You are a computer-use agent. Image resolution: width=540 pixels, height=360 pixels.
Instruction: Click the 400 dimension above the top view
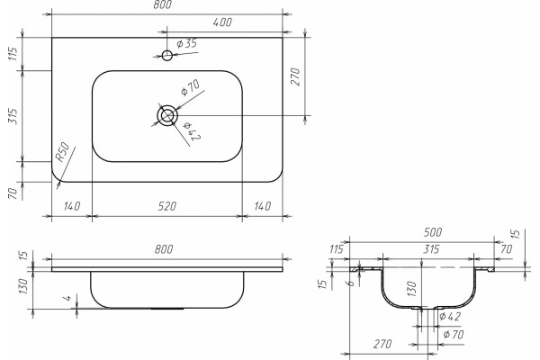point(222,22)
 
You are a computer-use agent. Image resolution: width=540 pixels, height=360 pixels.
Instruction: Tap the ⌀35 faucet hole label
point(186,43)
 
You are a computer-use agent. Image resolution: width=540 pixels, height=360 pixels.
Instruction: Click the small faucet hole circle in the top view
point(167,55)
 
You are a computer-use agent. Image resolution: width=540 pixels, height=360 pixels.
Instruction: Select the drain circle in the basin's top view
point(167,115)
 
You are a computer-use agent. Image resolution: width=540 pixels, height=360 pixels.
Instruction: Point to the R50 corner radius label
point(63,152)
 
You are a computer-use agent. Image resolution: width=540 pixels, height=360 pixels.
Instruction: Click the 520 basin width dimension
point(167,206)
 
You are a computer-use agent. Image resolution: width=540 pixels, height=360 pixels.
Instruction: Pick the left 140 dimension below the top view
point(72,206)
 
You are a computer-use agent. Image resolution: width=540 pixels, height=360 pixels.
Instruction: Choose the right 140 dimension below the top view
point(263,206)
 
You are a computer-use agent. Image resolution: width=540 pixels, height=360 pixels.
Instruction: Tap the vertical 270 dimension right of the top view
point(295,76)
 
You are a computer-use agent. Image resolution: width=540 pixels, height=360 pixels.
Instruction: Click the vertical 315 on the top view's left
point(13,116)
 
